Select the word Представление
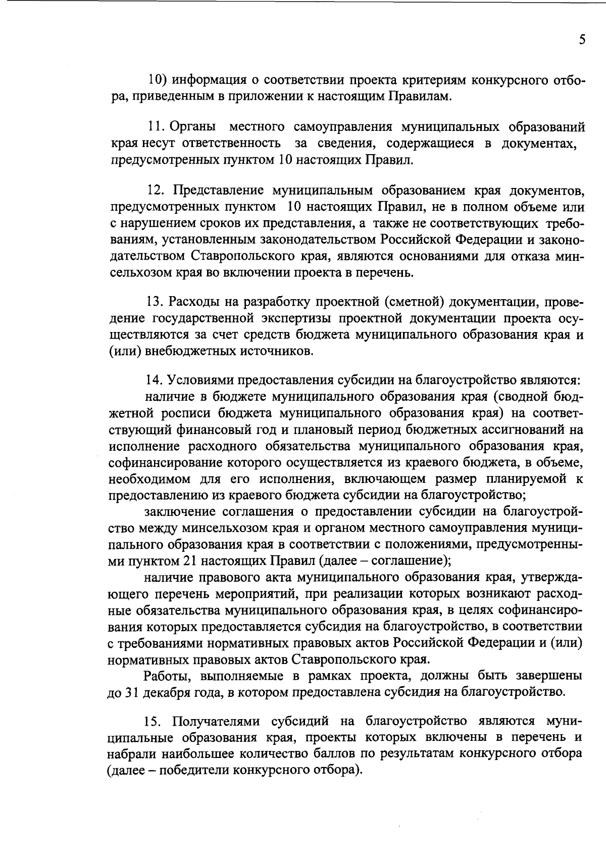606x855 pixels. tap(218, 191)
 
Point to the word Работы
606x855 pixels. tap(167, 675)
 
